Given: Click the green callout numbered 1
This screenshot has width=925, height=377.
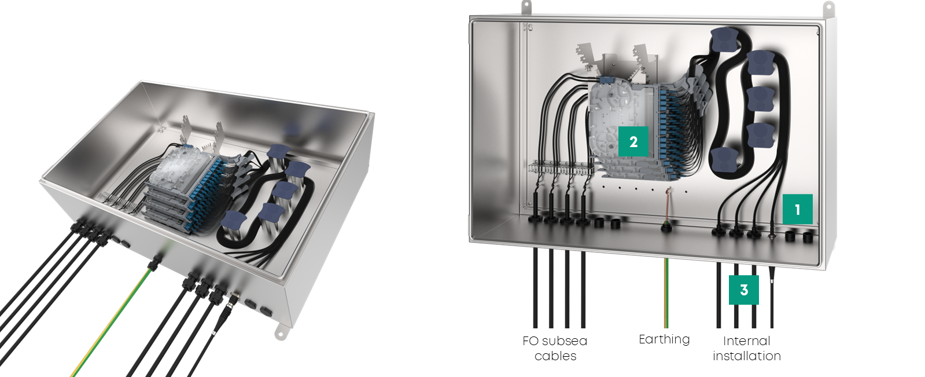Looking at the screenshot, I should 798,209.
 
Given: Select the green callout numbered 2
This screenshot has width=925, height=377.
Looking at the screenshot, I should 633,141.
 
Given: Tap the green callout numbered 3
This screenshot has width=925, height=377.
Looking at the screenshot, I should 744,289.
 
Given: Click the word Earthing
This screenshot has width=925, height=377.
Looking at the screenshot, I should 664,339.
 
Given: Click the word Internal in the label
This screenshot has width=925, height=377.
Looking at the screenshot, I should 746,341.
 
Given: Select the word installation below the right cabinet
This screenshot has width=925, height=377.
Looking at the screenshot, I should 746,356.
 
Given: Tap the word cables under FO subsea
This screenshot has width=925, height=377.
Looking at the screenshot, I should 555,356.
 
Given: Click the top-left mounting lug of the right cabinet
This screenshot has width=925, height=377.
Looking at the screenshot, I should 526,6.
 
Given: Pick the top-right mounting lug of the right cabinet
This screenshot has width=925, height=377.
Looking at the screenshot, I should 828,8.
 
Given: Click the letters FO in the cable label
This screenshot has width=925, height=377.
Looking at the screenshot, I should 530,341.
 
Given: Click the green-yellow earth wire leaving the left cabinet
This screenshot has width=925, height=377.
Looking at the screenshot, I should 110,324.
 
